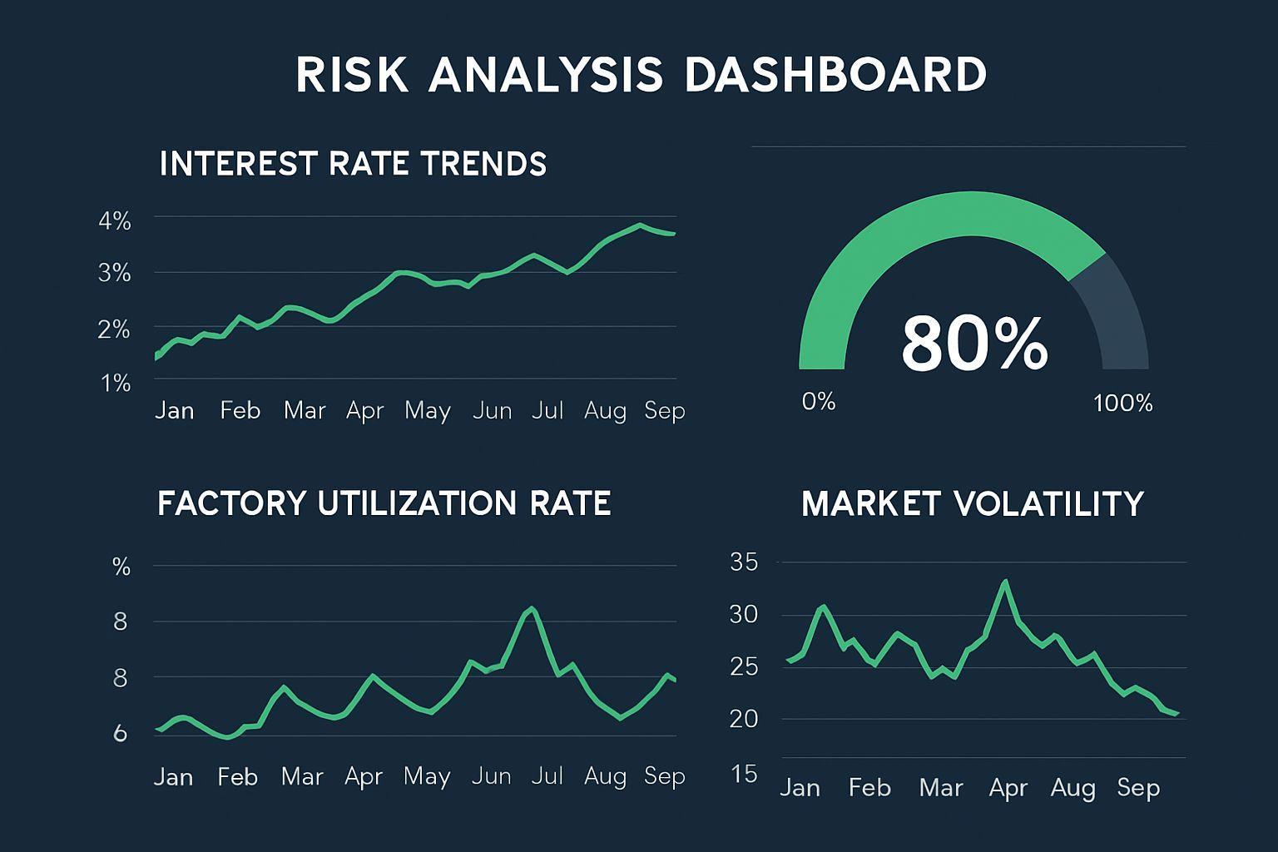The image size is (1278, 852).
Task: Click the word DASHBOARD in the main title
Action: pyautogui.click(x=835, y=74)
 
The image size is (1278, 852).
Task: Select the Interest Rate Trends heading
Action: pyautogui.click(x=353, y=164)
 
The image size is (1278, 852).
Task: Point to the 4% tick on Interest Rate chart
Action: pyautogui.click(x=115, y=221)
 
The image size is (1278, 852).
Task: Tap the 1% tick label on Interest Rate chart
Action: pyautogui.click(x=116, y=384)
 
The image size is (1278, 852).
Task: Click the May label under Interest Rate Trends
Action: pyautogui.click(x=428, y=410)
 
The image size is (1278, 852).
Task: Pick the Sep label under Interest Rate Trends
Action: pyautogui.click(x=664, y=410)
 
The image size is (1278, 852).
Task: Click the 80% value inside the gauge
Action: pyautogui.click(x=974, y=343)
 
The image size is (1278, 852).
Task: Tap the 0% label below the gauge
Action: pyautogui.click(x=818, y=402)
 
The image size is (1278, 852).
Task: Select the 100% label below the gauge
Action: pyautogui.click(x=1122, y=404)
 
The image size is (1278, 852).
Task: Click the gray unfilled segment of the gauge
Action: pyautogui.click(x=1115, y=316)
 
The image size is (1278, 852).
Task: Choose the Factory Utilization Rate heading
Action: pyautogui.click(x=384, y=504)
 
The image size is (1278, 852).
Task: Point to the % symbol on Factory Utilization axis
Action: pyautogui.click(x=121, y=567)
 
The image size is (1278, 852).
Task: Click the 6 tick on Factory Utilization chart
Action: pyautogui.click(x=121, y=733)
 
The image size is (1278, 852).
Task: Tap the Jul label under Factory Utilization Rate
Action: pyautogui.click(x=547, y=776)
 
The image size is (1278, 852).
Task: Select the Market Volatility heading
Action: pyautogui.click(x=973, y=504)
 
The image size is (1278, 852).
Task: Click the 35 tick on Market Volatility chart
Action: pyautogui.click(x=744, y=562)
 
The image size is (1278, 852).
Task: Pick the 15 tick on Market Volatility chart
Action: pyautogui.click(x=745, y=774)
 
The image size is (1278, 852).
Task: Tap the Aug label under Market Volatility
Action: pyautogui.click(x=1072, y=787)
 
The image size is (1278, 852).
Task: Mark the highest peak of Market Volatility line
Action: pyautogui.click(x=1006, y=582)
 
